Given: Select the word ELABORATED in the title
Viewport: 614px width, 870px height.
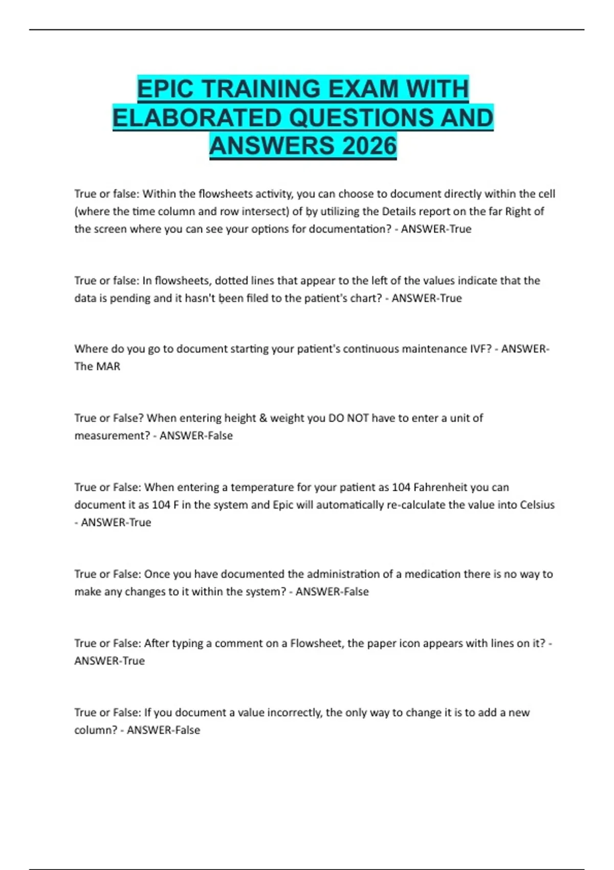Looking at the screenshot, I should click(x=198, y=118).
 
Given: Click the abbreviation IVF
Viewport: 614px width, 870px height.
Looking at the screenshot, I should click(x=480, y=349).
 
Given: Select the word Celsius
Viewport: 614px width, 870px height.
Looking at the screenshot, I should click(x=537, y=505).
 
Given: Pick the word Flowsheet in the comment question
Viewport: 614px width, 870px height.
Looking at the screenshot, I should click(x=316, y=643).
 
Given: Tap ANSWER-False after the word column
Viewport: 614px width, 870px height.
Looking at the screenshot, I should click(x=163, y=730).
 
